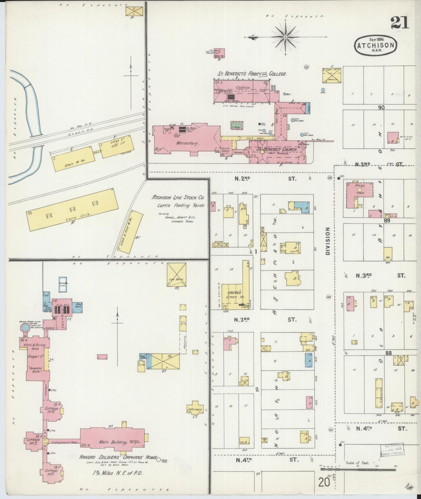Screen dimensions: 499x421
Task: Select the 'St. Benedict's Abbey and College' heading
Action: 252,74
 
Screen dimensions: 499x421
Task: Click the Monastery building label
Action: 185,144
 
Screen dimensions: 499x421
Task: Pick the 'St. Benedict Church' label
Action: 276,149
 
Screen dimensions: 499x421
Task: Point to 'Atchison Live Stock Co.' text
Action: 178,197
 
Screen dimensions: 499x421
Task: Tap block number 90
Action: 381,107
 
